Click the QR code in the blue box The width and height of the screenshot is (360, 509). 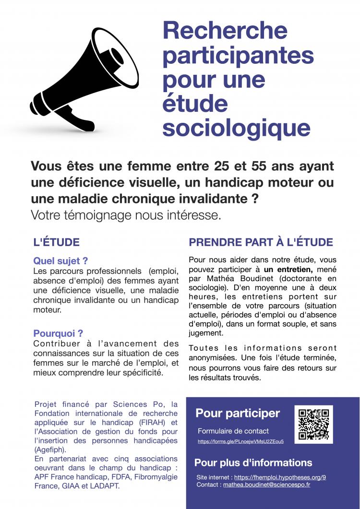pos(313,424)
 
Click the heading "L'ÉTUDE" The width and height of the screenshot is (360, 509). pos(57,242)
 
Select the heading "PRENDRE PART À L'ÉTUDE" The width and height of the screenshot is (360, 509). pos(261,242)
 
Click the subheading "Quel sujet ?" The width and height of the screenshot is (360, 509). pos(60,261)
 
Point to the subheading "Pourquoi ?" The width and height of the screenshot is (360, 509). pos(58,333)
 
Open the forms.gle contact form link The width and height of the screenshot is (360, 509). pos(240,441)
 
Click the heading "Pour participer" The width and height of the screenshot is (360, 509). pos(238,413)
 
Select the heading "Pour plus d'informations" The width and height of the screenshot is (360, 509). pos(253,463)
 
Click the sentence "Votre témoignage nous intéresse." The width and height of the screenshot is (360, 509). pos(126,215)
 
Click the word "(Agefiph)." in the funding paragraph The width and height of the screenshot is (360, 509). pos(50,450)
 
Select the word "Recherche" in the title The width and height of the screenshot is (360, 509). pos(225,31)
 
